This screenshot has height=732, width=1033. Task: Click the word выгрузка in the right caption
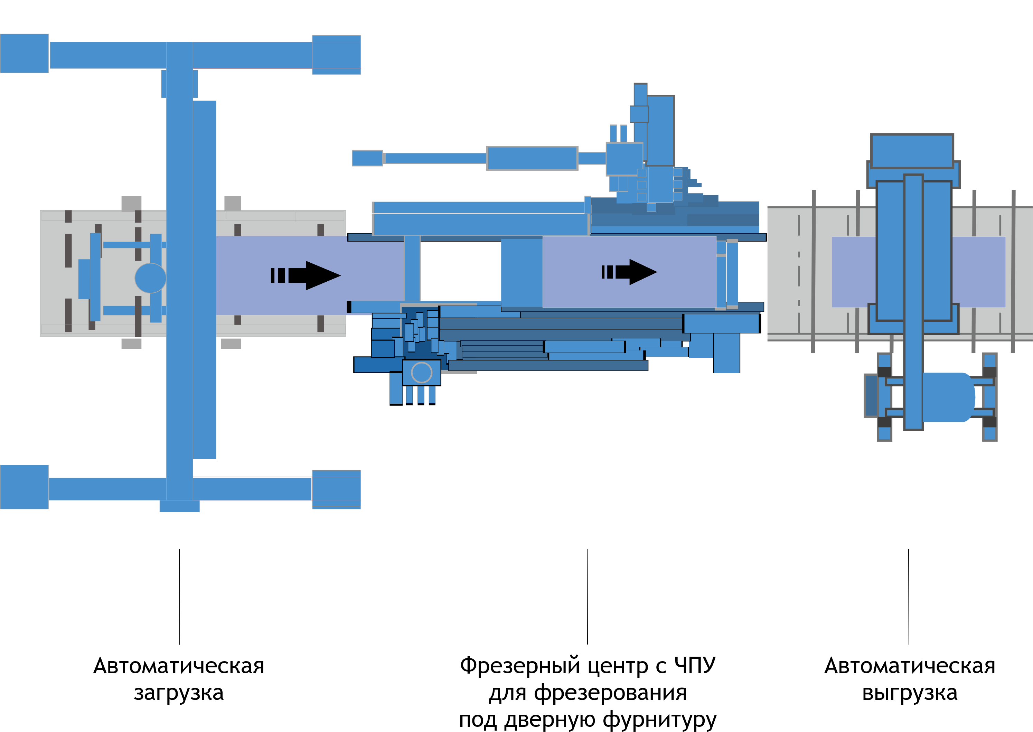[x=910, y=693]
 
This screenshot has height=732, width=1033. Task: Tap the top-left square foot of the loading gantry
[x=24, y=53]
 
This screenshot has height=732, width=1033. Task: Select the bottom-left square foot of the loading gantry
[x=24, y=487]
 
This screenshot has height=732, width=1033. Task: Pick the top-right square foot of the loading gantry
[x=336, y=55]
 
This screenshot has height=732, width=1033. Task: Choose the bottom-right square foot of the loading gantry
[x=336, y=489]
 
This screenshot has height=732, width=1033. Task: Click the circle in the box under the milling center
[x=421, y=372]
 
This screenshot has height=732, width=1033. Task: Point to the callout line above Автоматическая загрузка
[x=179, y=596]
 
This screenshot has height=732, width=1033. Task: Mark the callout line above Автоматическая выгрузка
[x=909, y=596]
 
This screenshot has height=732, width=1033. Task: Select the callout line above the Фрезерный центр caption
[x=587, y=596]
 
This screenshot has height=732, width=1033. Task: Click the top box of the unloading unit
[x=912, y=151]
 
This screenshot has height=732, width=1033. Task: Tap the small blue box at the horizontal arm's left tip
[x=367, y=158]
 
